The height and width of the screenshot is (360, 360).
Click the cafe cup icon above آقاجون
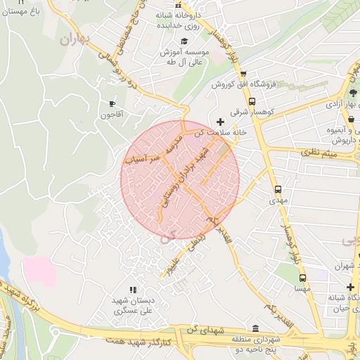(111, 103)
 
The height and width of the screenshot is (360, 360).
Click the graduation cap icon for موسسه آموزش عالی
(184, 43)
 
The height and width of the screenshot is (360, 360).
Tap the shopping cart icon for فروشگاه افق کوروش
(243, 73)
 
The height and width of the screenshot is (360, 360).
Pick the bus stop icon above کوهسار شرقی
(252, 101)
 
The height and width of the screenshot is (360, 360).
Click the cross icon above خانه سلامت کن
(221, 122)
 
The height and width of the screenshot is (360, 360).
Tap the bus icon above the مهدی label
(278, 189)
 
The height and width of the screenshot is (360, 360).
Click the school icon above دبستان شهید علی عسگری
(132, 290)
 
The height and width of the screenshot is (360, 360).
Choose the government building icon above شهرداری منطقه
(255, 328)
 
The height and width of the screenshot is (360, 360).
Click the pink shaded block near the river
(39, 271)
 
